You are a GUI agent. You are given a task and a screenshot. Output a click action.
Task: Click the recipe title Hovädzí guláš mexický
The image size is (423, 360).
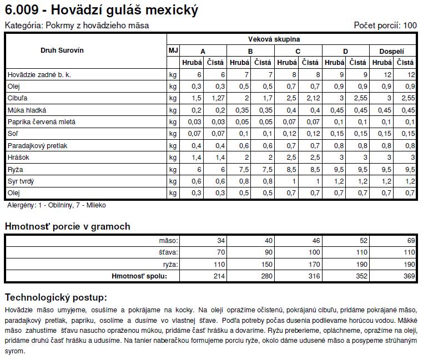coord(101,9)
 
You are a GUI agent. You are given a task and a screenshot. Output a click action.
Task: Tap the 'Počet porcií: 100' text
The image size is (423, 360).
coord(385,26)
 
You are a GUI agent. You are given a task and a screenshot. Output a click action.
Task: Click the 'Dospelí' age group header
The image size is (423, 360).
coord(391,51)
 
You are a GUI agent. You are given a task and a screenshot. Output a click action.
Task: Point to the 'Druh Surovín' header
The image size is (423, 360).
coord(62,50)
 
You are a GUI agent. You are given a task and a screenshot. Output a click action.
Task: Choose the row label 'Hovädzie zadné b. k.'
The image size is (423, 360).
coord(39,74)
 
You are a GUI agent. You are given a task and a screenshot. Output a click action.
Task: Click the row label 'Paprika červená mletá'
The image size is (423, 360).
coord(42,122)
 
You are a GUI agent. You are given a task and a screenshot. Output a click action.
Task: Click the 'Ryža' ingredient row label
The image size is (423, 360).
coord(16,170)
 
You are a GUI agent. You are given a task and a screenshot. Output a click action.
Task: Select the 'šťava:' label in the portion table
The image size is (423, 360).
coord(168,252)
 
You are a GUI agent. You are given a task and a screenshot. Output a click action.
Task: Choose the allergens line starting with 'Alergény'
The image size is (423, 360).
coord(57,205)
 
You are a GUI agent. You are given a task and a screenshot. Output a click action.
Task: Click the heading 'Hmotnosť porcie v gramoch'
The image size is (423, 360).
coord(68,226)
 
